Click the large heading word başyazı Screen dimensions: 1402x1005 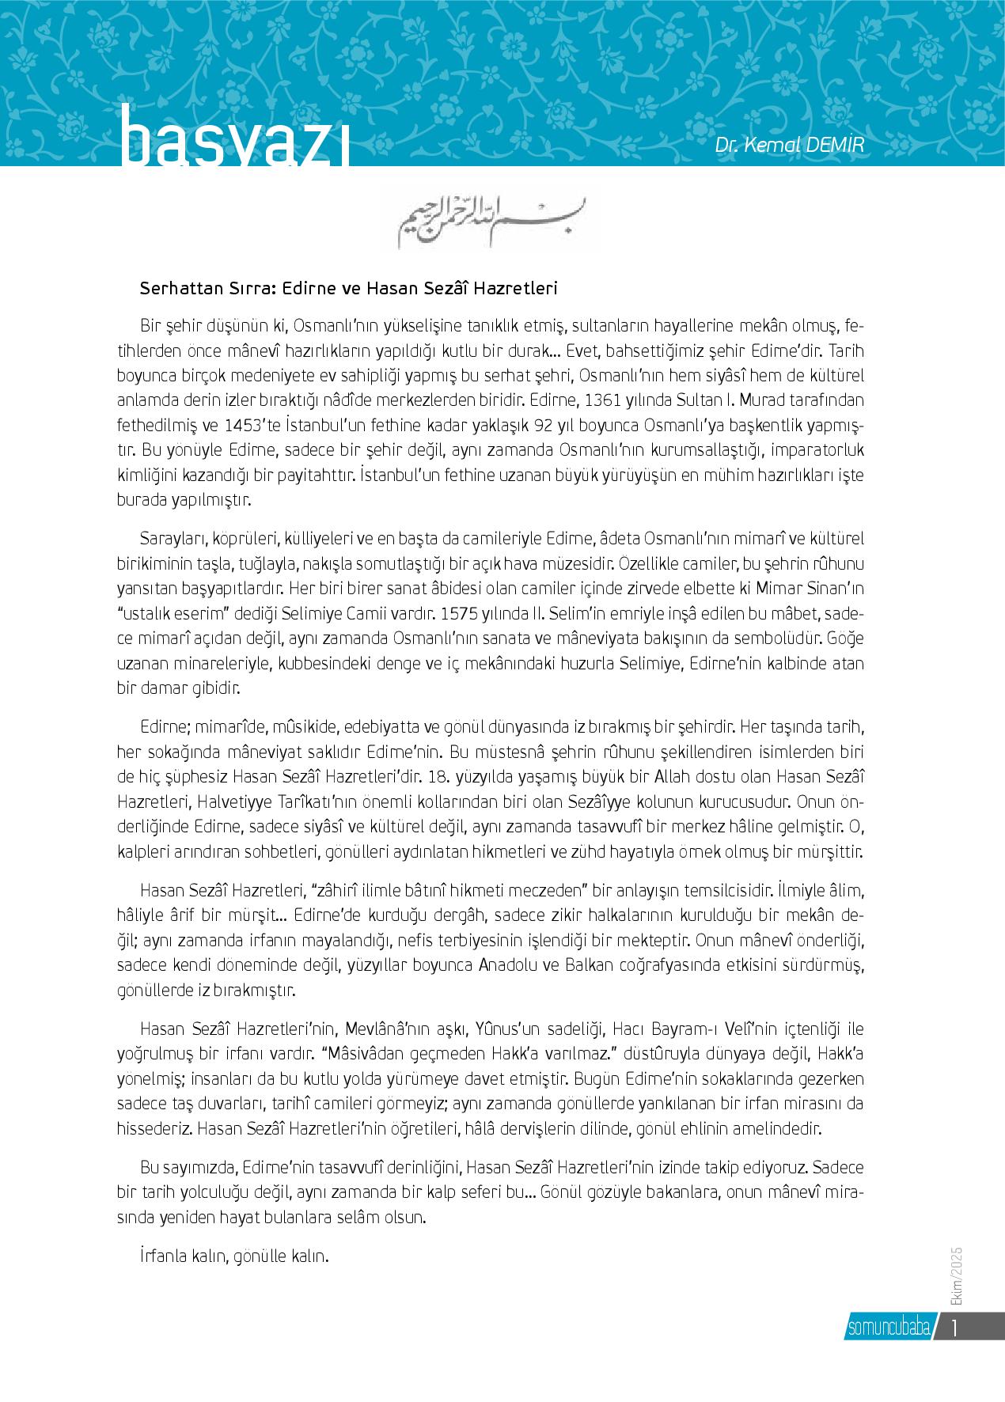click(x=233, y=142)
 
